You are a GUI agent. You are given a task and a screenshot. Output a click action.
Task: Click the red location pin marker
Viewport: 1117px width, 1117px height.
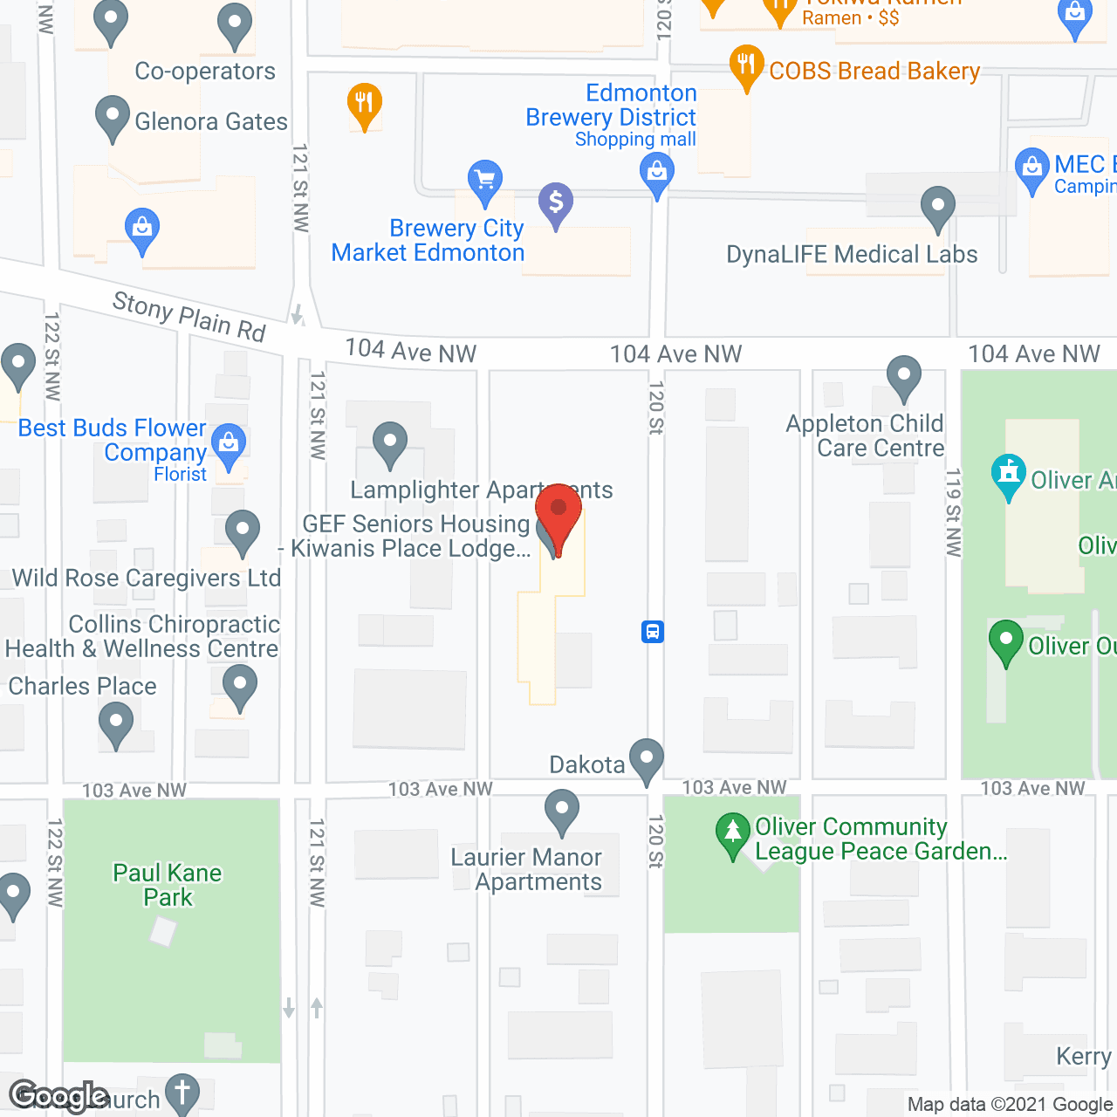[x=558, y=514]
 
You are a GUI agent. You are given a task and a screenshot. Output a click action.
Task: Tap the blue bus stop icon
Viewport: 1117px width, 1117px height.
[x=653, y=631]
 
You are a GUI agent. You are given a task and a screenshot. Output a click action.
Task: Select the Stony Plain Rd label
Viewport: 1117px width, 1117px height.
[x=189, y=317]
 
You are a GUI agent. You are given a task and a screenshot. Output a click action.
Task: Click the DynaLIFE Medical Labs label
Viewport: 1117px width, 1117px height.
[x=852, y=255]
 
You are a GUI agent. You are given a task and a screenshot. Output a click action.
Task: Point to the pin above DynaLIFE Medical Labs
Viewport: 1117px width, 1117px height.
[x=938, y=209]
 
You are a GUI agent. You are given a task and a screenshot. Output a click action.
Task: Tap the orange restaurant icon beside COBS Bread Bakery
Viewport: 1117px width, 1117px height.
[x=746, y=65]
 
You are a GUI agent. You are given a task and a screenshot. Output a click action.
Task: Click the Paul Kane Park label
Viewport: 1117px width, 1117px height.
[x=168, y=885]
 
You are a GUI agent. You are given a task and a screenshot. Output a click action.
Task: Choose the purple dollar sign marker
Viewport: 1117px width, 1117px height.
[x=556, y=203]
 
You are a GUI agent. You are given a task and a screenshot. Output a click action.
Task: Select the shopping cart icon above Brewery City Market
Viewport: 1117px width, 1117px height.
[x=484, y=181]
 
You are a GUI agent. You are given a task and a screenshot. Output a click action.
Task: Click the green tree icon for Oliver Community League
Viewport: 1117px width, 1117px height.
[x=733, y=834]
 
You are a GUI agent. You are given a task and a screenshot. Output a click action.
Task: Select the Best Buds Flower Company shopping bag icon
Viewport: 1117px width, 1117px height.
[x=229, y=444]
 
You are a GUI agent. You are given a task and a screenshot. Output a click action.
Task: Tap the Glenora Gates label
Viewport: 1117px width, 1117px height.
[x=211, y=121]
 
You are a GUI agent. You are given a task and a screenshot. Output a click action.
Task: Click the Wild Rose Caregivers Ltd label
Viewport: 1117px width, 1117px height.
[x=147, y=578]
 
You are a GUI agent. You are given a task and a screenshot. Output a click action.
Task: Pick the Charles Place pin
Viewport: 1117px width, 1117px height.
[x=115, y=724]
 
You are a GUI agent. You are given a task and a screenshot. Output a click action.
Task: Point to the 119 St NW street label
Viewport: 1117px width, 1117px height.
[x=953, y=512]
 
